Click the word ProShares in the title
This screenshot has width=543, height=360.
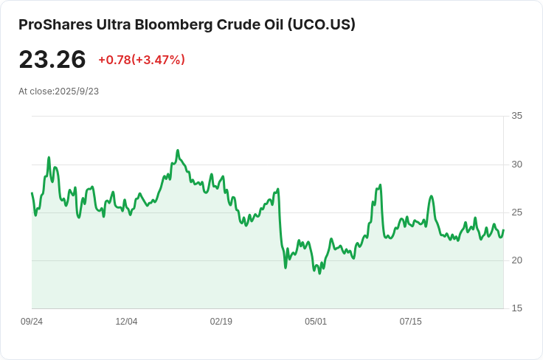coord(56,24)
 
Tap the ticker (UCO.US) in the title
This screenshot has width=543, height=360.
coord(322,24)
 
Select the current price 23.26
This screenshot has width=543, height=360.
coord(52,59)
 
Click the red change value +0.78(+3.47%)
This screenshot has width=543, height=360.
coord(142,60)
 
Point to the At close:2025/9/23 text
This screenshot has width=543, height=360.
coord(58,91)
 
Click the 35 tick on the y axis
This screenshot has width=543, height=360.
coord(516,116)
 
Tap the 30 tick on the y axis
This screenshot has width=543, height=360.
coord(516,165)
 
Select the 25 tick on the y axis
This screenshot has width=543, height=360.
coord(516,212)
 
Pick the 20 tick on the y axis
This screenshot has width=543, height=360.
coord(516,260)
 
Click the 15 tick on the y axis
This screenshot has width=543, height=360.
coord(516,308)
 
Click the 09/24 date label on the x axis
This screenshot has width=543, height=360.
coord(32,322)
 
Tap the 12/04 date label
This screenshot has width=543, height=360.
coord(126,322)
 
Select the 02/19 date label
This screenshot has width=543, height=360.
coord(221,322)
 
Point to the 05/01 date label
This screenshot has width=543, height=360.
coord(316,322)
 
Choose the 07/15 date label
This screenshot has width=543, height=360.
coord(411,322)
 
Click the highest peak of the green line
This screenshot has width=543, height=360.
coord(178,150)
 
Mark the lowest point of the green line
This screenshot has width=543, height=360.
coord(319,274)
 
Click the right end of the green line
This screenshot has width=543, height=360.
coord(503,230)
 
